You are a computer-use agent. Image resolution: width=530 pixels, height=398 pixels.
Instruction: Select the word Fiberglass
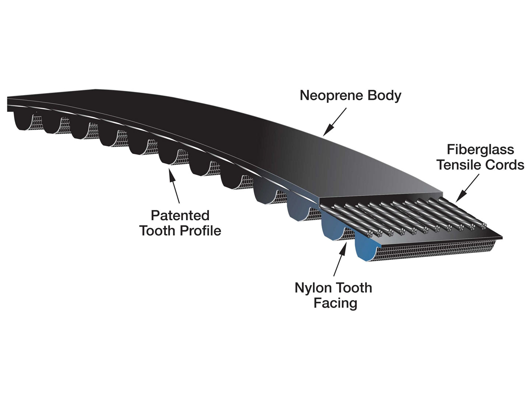pos(480,150)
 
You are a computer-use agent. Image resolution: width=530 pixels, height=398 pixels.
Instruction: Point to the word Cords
pos(505,165)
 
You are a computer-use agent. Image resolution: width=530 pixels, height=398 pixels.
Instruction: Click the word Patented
pos(180,216)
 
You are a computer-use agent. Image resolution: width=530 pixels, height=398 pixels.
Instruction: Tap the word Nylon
pos(313,288)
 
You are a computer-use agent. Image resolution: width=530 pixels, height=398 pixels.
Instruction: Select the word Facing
pos(335,303)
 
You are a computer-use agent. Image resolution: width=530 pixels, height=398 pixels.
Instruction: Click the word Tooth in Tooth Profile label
pos(158,231)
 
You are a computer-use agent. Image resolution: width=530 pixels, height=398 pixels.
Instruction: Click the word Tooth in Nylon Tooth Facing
pos(354,288)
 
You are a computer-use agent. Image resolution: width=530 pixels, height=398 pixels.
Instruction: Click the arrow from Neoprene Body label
pos(335,121)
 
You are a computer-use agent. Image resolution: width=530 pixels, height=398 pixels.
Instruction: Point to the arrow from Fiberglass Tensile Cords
pos(467,188)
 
